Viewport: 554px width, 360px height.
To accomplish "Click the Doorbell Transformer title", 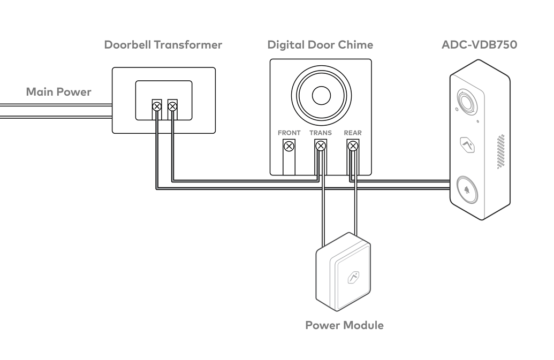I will coord(163,44).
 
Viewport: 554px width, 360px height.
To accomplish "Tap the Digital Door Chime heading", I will coord(320,44).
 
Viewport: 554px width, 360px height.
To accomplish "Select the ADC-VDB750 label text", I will coord(479,44).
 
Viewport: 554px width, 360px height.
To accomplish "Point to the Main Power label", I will coord(58,91).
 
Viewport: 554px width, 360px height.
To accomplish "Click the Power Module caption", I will coord(344,325).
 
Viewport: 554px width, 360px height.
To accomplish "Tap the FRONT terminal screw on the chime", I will coord(289,146).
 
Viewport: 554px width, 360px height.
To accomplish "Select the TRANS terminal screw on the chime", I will coord(321,146).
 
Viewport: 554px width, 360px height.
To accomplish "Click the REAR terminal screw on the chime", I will coord(353,146).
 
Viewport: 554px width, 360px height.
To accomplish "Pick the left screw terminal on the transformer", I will coord(156,106).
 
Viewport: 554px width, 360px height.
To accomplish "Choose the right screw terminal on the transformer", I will coord(172,106).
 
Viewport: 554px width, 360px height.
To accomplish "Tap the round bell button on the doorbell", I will coord(467,190).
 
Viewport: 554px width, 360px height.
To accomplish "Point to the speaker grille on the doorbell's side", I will coord(501,152).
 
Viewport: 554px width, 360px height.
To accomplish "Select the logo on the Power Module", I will coord(353,278).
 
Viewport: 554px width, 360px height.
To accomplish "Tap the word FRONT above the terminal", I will coord(289,133).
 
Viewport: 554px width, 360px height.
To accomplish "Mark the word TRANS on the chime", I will coord(321,133).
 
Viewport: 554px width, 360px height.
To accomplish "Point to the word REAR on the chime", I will coord(353,133).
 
